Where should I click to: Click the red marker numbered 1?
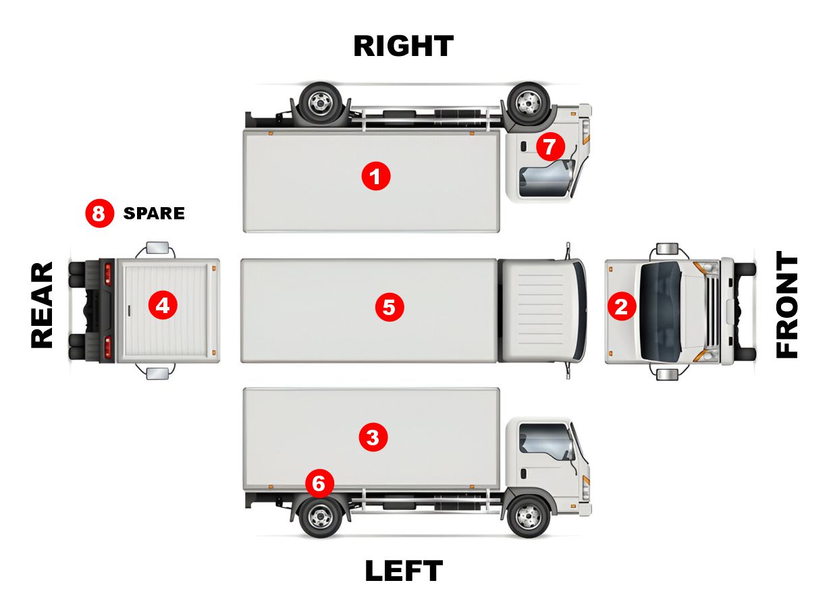coord(376,177)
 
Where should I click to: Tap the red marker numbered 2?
coord(621,307)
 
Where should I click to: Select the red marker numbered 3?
coord(373,437)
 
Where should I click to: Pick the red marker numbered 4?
coord(163,306)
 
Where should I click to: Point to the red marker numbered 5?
coord(389,307)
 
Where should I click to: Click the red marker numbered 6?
coord(319,483)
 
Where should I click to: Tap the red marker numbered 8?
coord(99,214)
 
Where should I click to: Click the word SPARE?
coord(154,214)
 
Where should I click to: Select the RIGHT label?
coord(404,47)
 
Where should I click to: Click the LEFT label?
coord(404,571)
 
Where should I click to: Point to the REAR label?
coord(42,305)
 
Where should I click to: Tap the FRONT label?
coord(786,305)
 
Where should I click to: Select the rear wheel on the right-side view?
coord(320,103)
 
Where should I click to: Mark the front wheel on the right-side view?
coord(527,103)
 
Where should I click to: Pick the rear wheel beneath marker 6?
coord(320,517)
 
